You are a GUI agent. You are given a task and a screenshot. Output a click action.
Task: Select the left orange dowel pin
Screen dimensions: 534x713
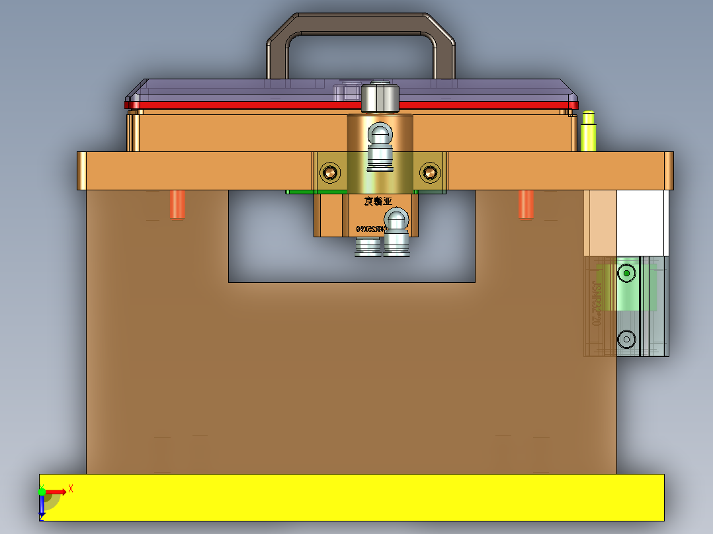pos(177,204)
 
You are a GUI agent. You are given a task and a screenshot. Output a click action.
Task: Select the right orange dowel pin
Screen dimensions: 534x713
pos(526,204)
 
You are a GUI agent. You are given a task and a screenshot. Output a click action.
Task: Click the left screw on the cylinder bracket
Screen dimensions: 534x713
pos(330,173)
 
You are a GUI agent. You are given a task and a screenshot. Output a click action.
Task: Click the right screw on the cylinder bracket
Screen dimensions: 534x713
pos(430,173)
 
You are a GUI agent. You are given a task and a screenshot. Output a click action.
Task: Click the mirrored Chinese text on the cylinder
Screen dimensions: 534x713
pos(378,202)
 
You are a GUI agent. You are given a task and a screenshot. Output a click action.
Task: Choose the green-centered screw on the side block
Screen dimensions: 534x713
pos(626,272)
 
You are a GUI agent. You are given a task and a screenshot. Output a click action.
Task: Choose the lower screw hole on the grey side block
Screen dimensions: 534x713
pos(626,339)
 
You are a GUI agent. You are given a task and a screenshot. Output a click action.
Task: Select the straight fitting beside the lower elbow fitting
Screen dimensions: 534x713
pos(368,247)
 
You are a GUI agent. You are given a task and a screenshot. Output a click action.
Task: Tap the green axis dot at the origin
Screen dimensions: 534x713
pos(42,492)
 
